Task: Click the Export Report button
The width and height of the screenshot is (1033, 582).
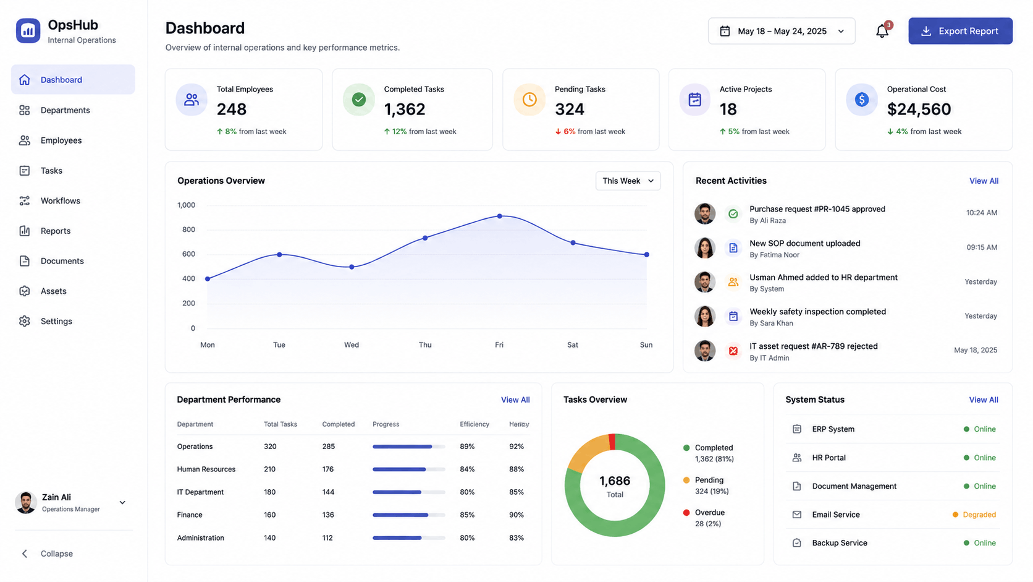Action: pyautogui.click(x=960, y=31)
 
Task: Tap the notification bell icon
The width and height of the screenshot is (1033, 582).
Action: pyautogui.click(x=882, y=31)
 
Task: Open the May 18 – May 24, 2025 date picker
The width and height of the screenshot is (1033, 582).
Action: pyautogui.click(x=782, y=31)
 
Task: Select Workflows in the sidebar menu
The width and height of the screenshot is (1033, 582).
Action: pyautogui.click(x=60, y=200)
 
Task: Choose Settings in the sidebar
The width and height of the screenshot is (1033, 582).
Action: pyautogui.click(x=56, y=321)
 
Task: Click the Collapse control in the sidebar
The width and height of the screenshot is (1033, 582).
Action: pyautogui.click(x=48, y=554)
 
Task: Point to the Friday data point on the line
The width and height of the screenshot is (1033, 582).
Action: pyautogui.click(x=499, y=216)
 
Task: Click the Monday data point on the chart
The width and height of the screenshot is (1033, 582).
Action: pyautogui.click(x=208, y=279)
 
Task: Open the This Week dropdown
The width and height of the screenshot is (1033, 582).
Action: pyautogui.click(x=628, y=181)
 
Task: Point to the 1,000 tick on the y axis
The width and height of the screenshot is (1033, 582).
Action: pyautogui.click(x=187, y=205)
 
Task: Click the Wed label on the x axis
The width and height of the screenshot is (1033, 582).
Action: pyautogui.click(x=352, y=344)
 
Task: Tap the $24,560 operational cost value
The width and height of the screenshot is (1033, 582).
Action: pyautogui.click(x=919, y=109)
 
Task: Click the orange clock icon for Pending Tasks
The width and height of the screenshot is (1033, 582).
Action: pyautogui.click(x=529, y=99)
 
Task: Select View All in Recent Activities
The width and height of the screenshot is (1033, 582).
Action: pyautogui.click(x=984, y=181)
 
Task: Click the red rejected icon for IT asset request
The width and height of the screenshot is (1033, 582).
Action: pyautogui.click(x=733, y=351)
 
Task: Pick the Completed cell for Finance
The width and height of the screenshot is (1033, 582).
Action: pyautogui.click(x=328, y=515)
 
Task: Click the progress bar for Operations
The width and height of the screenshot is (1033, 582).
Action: pyautogui.click(x=408, y=447)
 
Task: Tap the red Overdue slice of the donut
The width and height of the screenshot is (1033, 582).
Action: pyautogui.click(x=612, y=441)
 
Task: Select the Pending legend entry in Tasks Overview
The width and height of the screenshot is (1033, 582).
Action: pyautogui.click(x=709, y=486)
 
